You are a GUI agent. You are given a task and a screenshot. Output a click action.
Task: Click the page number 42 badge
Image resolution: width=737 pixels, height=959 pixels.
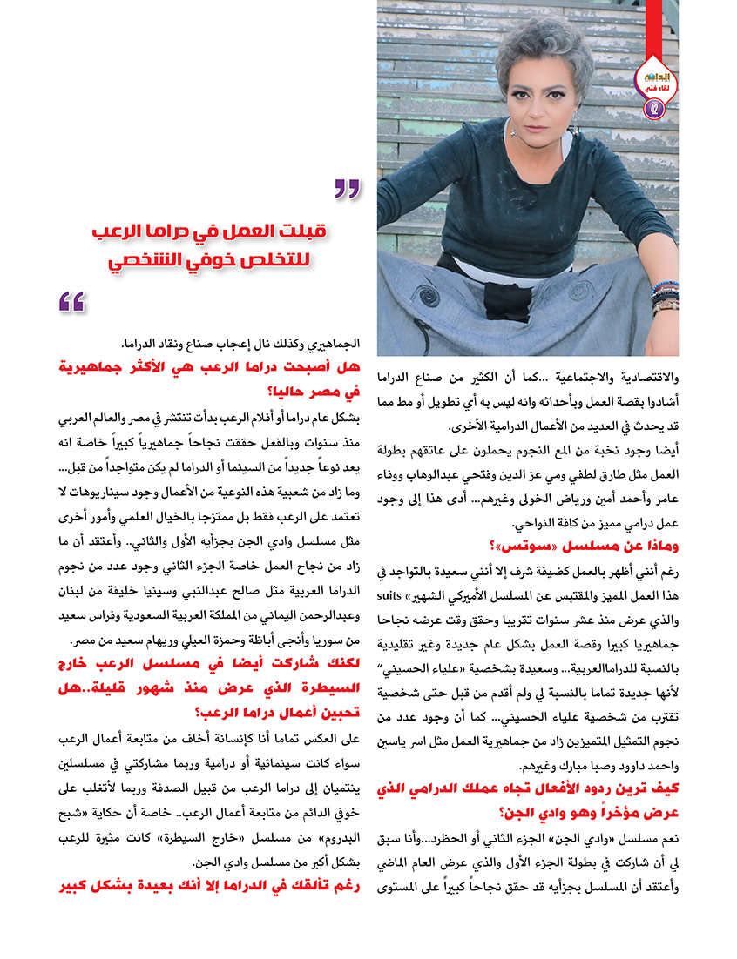pyautogui.click(x=653, y=108)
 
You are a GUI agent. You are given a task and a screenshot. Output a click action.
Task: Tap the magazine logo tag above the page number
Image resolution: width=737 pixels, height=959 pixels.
pyautogui.click(x=653, y=79)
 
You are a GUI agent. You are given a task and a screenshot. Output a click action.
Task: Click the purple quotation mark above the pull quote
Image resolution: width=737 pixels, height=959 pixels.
pyautogui.click(x=347, y=187)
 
